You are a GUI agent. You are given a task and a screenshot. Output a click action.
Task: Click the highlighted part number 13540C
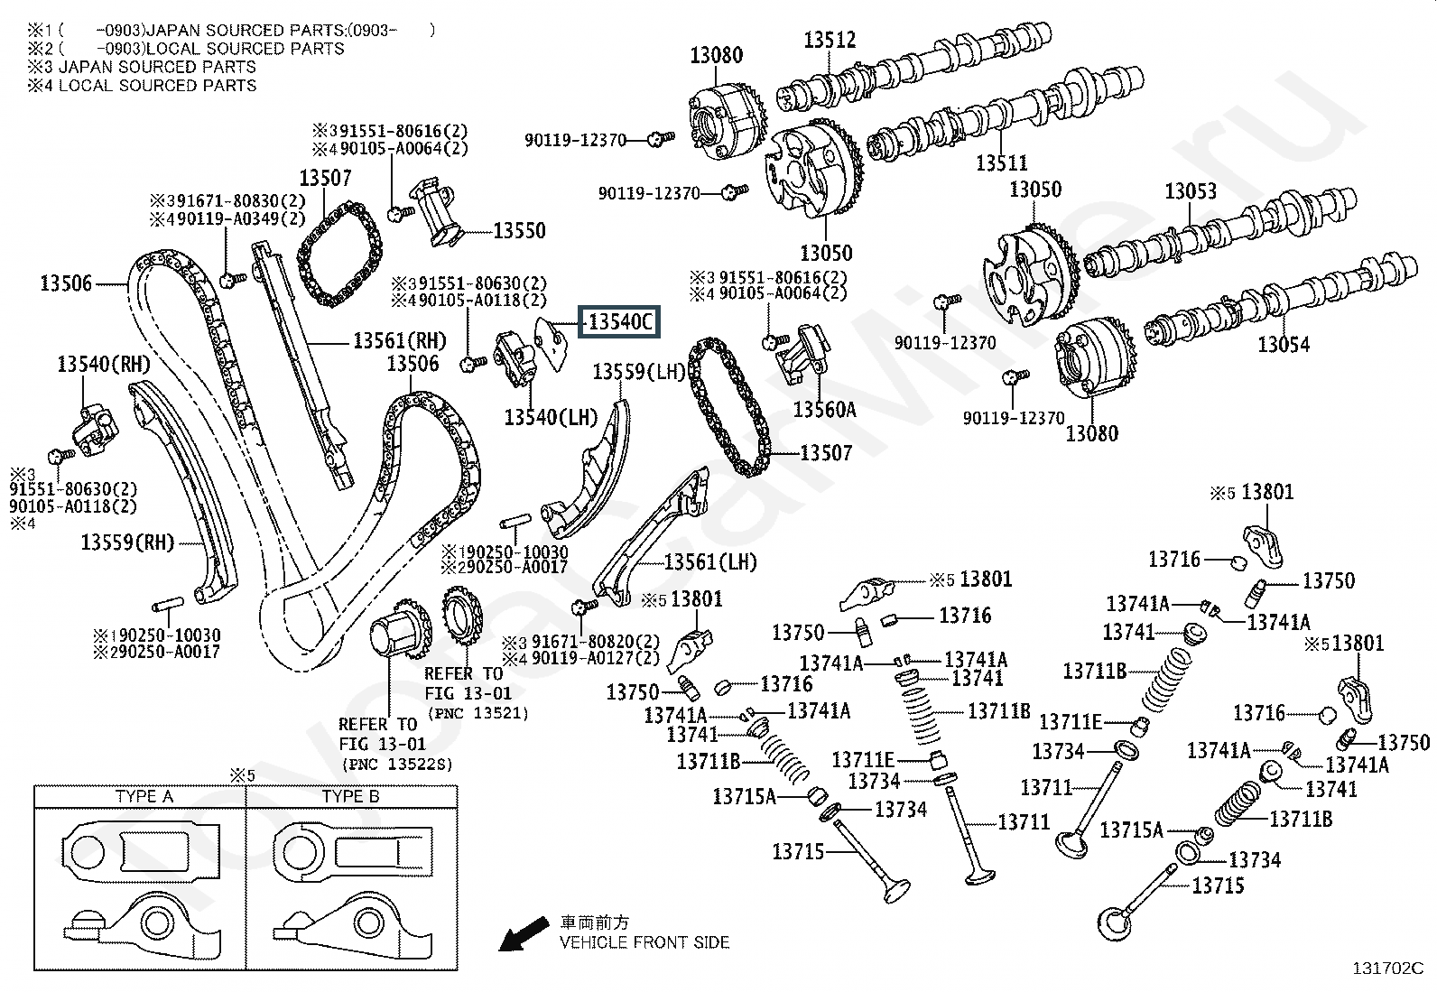click(x=619, y=322)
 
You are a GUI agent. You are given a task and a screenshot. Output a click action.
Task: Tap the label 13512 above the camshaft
click(x=830, y=41)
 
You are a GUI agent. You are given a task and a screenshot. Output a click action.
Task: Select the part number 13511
click(x=1001, y=163)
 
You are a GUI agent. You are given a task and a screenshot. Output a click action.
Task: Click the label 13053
click(x=1190, y=191)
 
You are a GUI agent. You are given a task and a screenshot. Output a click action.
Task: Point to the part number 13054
click(x=1284, y=344)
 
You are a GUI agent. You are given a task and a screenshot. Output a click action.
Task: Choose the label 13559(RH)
click(x=126, y=542)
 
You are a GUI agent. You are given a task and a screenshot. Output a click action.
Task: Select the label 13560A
click(x=823, y=410)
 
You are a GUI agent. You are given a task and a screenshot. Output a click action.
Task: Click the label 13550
click(x=519, y=231)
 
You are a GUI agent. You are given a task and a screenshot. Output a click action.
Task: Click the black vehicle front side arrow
click(x=524, y=933)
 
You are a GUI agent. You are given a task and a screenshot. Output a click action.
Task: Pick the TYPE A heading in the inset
click(x=144, y=797)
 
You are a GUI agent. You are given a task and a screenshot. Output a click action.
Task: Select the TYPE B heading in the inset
click(x=350, y=797)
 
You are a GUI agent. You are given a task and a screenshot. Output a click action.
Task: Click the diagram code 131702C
click(x=1386, y=969)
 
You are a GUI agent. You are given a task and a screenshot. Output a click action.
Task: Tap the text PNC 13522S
click(x=396, y=765)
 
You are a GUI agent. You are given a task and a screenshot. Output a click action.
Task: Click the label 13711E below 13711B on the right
click(x=1070, y=722)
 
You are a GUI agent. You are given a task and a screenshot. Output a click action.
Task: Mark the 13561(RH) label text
click(x=399, y=340)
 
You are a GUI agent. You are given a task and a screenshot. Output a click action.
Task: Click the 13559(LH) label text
click(x=639, y=372)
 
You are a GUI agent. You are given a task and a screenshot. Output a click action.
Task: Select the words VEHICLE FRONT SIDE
click(x=644, y=942)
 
